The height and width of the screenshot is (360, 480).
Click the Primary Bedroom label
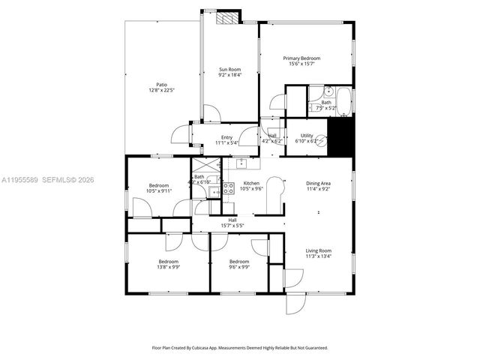point(301,58)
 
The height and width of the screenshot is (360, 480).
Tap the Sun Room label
point(229,70)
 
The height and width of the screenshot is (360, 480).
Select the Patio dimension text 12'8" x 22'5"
point(161,91)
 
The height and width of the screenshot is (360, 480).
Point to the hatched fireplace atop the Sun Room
point(228,17)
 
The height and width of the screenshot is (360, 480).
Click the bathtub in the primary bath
point(344,103)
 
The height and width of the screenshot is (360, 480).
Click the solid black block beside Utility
point(341,136)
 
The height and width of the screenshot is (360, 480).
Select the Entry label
point(226,137)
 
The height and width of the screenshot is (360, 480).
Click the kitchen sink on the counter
point(241,163)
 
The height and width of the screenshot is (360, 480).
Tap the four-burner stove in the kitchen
point(229,187)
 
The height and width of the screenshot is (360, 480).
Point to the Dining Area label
point(319,184)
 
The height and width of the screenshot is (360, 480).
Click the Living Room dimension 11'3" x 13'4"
point(319,256)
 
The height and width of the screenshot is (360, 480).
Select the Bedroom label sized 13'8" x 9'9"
point(168,261)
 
